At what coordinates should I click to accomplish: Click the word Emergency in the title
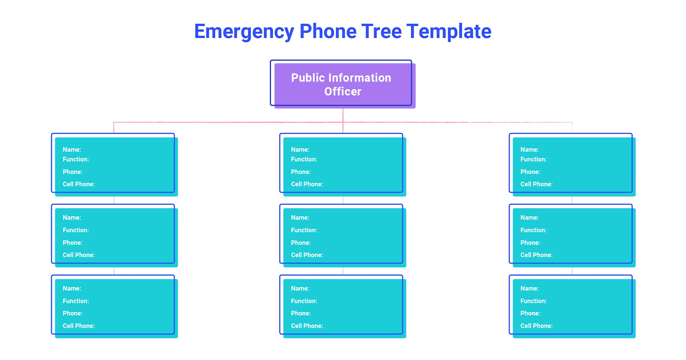[x=244, y=32]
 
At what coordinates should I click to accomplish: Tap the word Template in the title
[x=449, y=32]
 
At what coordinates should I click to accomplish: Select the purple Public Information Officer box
[x=343, y=84]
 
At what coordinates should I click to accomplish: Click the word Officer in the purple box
[x=343, y=91]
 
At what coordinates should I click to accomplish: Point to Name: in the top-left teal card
[x=72, y=149]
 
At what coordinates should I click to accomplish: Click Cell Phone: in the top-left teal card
[x=79, y=184]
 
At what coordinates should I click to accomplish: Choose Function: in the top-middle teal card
[x=304, y=159]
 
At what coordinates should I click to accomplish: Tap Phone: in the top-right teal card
[x=530, y=172]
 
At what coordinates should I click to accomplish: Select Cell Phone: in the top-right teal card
[x=536, y=184]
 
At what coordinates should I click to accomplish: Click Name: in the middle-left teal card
[x=72, y=218]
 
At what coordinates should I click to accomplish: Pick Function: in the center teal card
[x=304, y=230]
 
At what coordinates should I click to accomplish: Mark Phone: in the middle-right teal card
[x=530, y=243]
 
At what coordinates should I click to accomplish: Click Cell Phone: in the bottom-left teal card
[x=79, y=326]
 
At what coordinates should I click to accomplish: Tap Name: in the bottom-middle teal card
[x=300, y=288]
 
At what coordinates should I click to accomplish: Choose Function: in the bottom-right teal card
[x=533, y=301]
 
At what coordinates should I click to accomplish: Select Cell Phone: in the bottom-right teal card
[x=536, y=326]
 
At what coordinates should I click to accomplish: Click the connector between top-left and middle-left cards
[x=114, y=200]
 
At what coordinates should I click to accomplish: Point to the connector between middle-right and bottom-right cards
[x=572, y=271]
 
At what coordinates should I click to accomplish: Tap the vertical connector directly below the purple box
[x=343, y=115]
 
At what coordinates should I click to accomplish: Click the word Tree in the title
[x=381, y=32]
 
